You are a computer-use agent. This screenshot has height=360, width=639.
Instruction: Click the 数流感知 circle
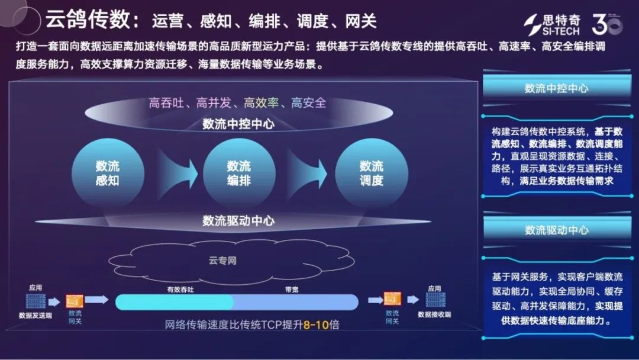click(107, 173)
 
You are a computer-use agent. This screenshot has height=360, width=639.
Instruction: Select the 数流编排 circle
click(239, 173)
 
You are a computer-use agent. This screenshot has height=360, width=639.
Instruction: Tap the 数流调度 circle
click(372, 173)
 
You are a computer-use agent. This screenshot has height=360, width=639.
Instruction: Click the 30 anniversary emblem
click(606, 24)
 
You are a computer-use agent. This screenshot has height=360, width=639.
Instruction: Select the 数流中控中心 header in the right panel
click(556, 88)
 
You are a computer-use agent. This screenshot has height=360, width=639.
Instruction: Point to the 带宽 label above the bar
click(292, 290)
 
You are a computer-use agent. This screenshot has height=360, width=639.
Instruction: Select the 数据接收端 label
click(434, 314)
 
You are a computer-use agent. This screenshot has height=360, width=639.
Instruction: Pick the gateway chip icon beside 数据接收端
click(392, 300)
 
